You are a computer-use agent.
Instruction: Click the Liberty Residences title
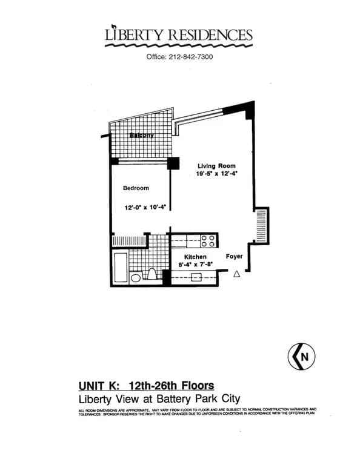coord(178,35)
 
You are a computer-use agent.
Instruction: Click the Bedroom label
coord(136,188)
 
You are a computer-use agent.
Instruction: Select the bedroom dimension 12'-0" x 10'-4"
coord(145,207)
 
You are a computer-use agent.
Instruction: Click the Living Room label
coord(216,165)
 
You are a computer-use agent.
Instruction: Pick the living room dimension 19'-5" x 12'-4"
coord(216,174)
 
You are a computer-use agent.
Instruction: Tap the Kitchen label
coord(187,257)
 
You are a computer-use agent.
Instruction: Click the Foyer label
coord(234,256)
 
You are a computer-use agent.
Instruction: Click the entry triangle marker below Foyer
coord(237,274)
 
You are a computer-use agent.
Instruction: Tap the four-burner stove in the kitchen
coord(208,241)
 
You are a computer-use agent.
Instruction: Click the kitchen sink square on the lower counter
coord(196,278)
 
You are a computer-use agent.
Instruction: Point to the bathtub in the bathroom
coord(120,268)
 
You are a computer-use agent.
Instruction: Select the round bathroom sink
coord(136,279)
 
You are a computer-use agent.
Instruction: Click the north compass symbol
coord(302,357)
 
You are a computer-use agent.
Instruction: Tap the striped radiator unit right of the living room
coord(262,225)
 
